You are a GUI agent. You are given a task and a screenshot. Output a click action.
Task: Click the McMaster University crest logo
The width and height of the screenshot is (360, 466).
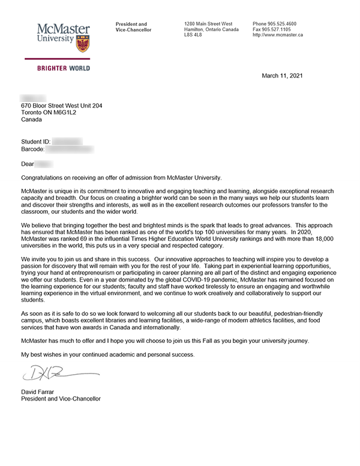tap(83, 42)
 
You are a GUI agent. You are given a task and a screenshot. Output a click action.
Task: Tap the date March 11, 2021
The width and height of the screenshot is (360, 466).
tap(283, 75)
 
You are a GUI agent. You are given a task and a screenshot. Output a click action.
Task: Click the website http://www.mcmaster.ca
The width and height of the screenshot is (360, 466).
tap(278, 35)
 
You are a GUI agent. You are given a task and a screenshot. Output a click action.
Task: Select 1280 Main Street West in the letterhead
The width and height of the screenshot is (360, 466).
tap(208, 23)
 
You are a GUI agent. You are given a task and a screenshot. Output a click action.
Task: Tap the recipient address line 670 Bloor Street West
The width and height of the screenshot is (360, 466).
tap(62, 106)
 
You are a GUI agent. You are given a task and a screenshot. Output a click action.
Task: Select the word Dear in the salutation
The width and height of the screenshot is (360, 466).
tap(28, 163)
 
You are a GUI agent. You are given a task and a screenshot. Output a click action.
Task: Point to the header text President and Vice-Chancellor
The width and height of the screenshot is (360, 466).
tap(133, 27)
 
